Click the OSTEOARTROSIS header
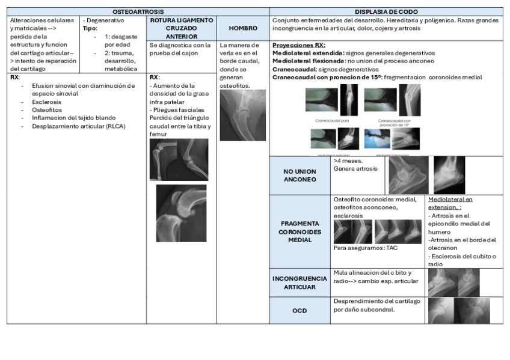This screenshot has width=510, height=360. [x=138, y=11]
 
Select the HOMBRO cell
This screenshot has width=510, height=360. [x=243, y=28]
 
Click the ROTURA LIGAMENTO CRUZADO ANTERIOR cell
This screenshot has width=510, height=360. [x=181, y=28]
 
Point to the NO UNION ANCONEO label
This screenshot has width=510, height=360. [x=300, y=175]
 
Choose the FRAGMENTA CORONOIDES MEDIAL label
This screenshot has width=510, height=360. [x=300, y=231]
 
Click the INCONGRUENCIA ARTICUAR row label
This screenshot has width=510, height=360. [x=300, y=283]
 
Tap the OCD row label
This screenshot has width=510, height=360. [x=300, y=311]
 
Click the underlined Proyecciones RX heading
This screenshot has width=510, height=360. [x=299, y=45]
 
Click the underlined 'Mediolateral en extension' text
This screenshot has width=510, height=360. [x=450, y=203]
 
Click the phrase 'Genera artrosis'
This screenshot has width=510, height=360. [x=355, y=169]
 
